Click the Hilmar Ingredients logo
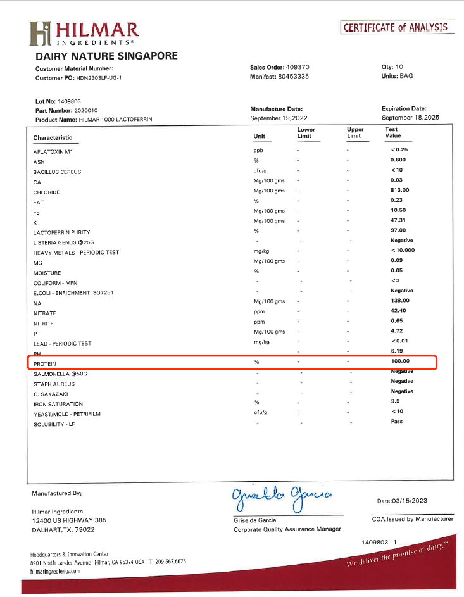[x=84, y=34]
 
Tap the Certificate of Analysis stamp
[x=396, y=27]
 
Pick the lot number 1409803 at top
[x=69, y=101]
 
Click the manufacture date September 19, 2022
[x=280, y=118]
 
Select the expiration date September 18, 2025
[x=410, y=118]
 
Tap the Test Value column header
[x=392, y=132]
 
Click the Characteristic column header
[x=53, y=137]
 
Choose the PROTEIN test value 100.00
[x=400, y=361]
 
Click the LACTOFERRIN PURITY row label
[x=61, y=232]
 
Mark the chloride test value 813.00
[x=400, y=190]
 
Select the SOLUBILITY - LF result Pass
[x=397, y=421]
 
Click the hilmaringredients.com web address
[x=56, y=570]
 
